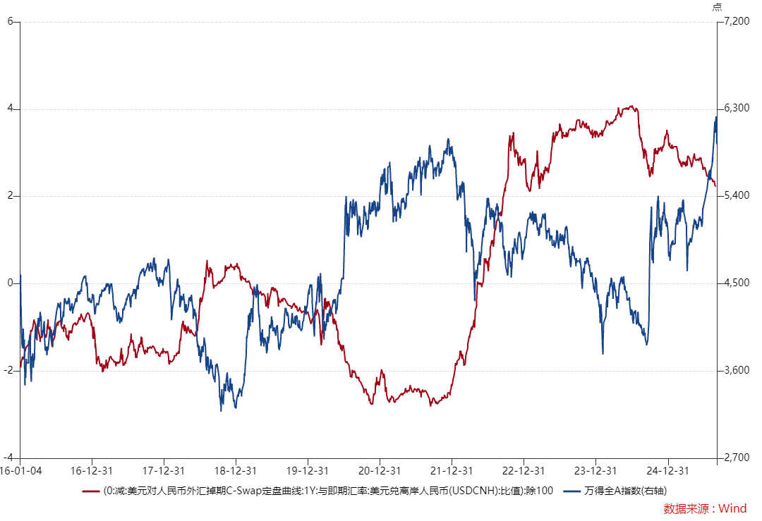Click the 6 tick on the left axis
click(x=11, y=21)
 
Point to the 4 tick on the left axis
click(x=11, y=109)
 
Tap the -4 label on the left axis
click(x=8, y=457)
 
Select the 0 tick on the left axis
click(x=11, y=283)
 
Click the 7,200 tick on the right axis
click(x=736, y=21)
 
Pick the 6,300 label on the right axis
click(x=736, y=109)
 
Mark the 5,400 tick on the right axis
click(x=736, y=195)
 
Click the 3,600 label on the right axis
click(x=736, y=370)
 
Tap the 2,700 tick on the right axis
click(x=736, y=457)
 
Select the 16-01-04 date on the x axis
click(x=20, y=470)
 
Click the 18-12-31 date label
click(x=236, y=470)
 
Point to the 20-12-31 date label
click(x=380, y=470)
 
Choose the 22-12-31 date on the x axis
click(x=524, y=470)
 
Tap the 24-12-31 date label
click(x=667, y=470)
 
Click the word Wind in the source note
click(x=733, y=508)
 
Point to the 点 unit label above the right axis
click(x=717, y=7)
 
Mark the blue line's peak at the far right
click(x=715, y=117)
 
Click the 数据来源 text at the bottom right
click(x=684, y=508)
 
